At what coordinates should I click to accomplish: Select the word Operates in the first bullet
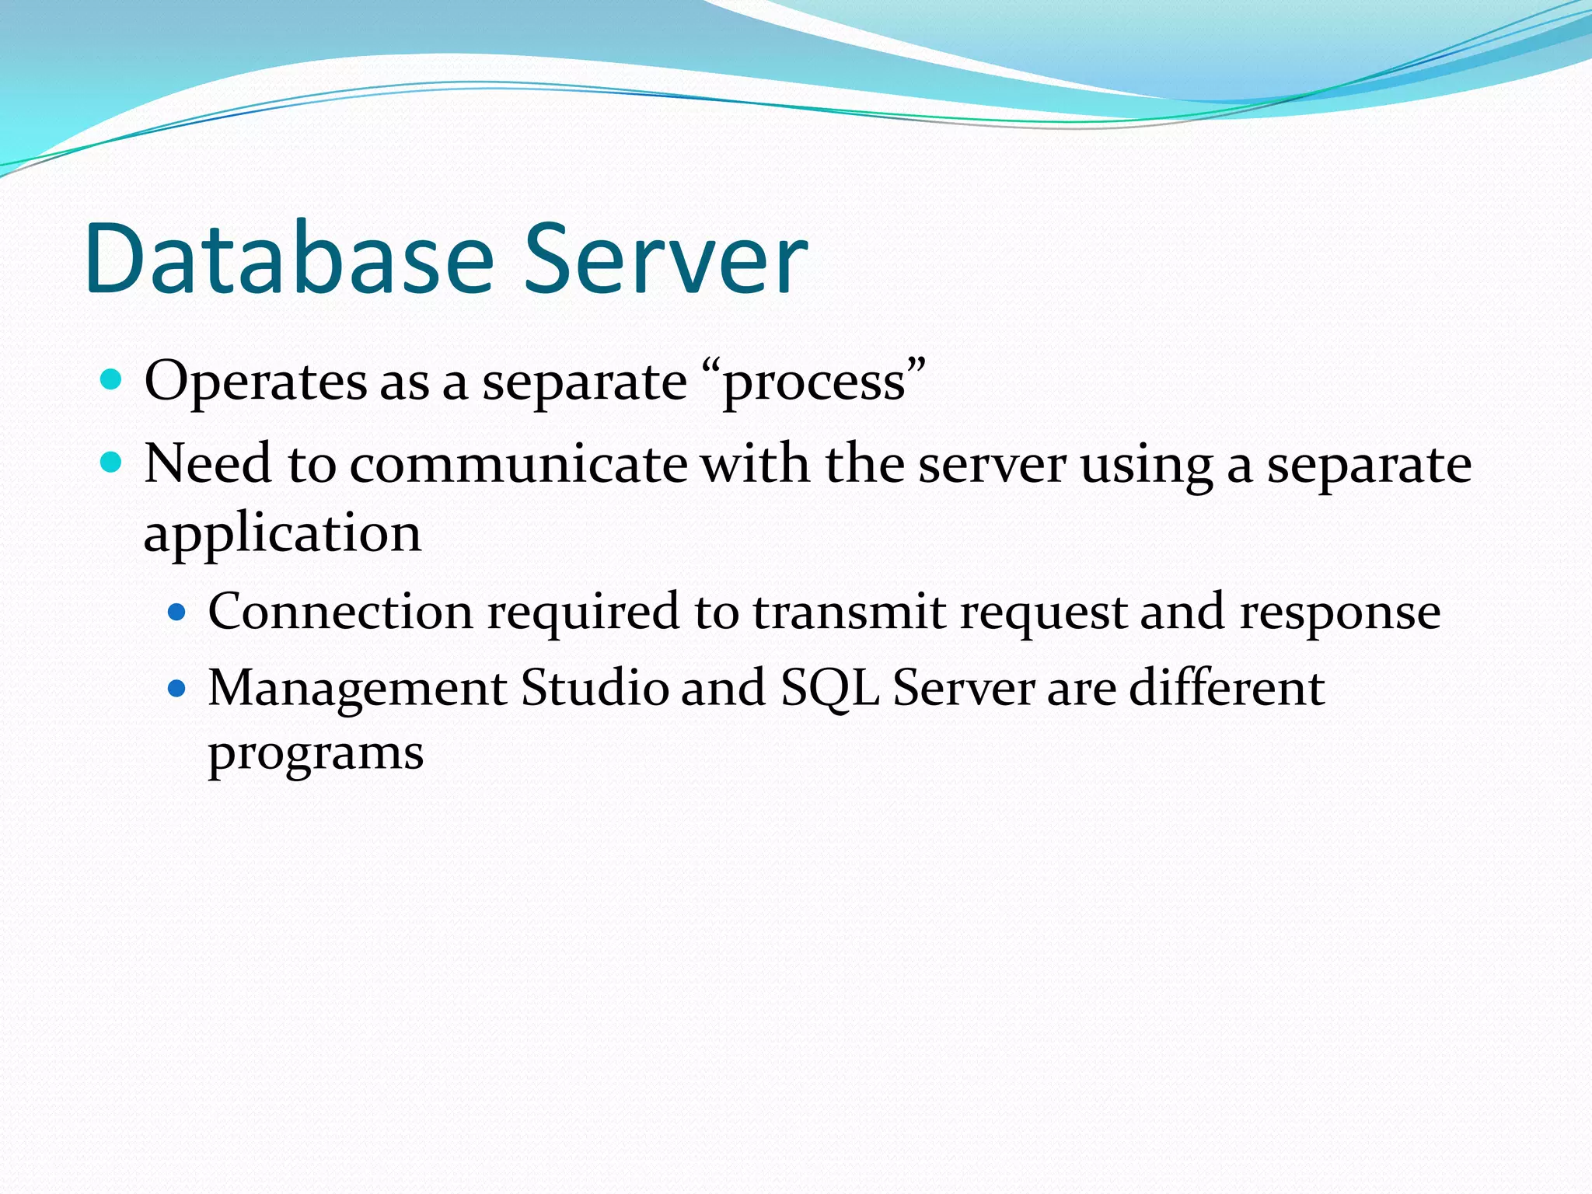[256, 382]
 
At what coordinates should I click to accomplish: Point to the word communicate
[518, 464]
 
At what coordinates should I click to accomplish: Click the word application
[282, 535]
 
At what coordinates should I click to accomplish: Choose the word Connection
[340, 611]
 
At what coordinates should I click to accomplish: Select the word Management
[358, 689]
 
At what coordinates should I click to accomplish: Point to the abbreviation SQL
[829, 689]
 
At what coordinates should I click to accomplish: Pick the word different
[1227, 687]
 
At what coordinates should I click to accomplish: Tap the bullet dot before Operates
[112, 380]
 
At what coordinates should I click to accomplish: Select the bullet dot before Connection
[178, 612]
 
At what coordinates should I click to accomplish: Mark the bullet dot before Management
[178, 688]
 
